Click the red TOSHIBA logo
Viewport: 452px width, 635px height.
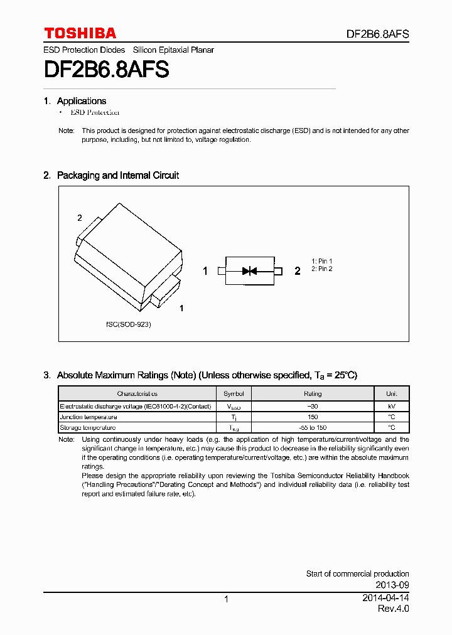point(80,33)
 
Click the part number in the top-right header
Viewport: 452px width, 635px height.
point(378,35)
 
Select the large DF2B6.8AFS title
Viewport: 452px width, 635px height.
point(107,68)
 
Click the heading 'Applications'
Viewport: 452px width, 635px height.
point(82,101)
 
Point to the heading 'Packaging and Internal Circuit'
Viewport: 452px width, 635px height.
point(118,176)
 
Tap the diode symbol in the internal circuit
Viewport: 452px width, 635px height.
point(250,271)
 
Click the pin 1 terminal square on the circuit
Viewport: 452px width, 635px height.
point(221,271)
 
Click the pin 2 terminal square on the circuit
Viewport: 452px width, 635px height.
point(278,271)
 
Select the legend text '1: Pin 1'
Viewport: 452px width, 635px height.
point(322,261)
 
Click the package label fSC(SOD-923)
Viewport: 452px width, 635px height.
point(128,324)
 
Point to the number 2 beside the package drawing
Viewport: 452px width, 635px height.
point(80,218)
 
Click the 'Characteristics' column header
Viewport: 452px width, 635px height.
point(137,394)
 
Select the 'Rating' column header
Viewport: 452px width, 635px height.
point(313,394)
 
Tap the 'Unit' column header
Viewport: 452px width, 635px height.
point(392,394)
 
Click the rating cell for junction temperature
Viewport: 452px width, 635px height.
point(313,417)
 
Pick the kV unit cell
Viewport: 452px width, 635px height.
point(392,406)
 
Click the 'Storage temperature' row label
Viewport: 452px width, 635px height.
point(88,427)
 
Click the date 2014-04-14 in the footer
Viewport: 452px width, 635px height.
point(385,598)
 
